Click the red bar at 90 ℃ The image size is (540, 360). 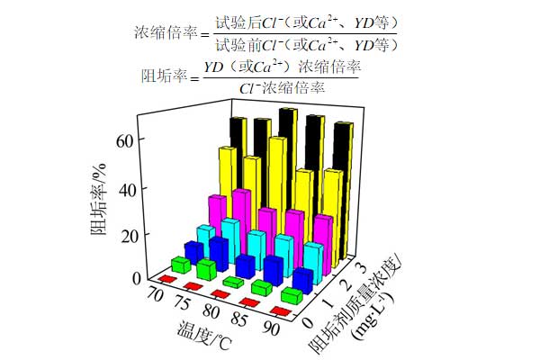pyautogui.click(x=279, y=311)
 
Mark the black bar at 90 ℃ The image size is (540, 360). pyautogui.click(x=343, y=189)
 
